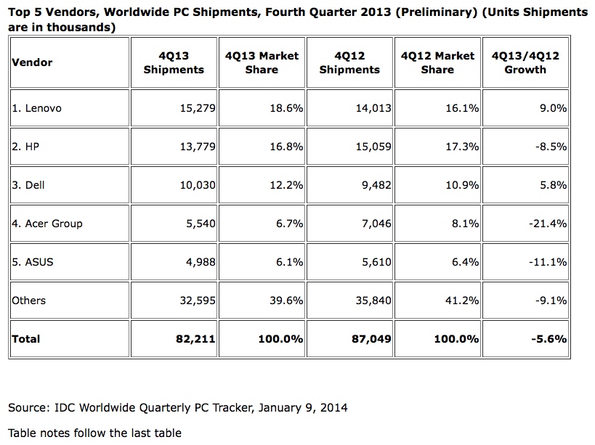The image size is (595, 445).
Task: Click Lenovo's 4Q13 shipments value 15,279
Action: click(x=197, y=108)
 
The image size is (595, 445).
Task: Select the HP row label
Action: click(x=25, y=147)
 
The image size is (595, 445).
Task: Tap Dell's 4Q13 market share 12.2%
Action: click(x=286, y=185)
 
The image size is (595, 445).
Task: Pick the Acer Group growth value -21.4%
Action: click(x=548, y=224)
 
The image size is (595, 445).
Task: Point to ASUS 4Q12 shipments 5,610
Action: click(x=373, y=262)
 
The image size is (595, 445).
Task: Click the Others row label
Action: click(x=28, y=301)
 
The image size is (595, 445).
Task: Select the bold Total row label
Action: click(x=26, y=339)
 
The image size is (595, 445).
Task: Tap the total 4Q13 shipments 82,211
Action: click(x=195, y=339)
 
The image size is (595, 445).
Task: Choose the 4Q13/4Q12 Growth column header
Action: click(x=525, y=62)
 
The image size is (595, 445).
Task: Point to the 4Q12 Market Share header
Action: click(x=437, y=62)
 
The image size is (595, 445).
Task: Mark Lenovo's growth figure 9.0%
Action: click(x=553, y=108)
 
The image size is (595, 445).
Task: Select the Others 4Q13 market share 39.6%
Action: click(x=286, y=301)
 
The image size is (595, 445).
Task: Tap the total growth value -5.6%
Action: click(x=550, y=339)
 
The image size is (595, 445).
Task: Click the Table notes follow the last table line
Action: click(x=94, y=433)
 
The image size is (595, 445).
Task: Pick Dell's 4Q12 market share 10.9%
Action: click(x=461, y=185)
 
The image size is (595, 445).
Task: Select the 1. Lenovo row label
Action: click(x=36, y=108)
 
